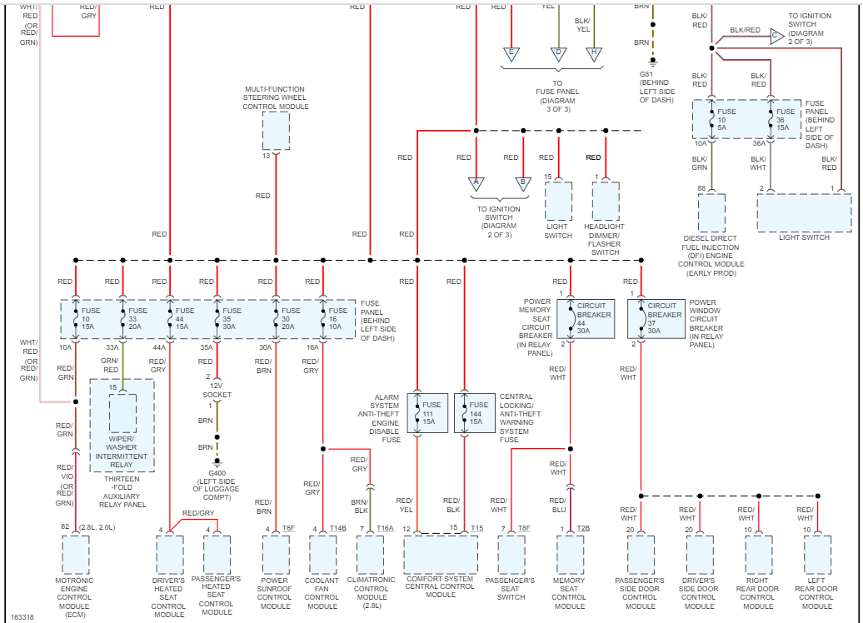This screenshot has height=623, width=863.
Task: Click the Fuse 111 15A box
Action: [x=428, y=412]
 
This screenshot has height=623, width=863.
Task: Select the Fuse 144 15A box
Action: [x=475, y=412]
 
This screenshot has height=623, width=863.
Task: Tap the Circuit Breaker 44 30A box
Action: [x=591, y=317]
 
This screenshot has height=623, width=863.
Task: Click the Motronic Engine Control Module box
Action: [x=75, y=555]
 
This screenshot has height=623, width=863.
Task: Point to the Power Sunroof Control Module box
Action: [x=276, y=555]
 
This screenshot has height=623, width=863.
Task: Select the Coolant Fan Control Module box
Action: [x=322, y=555]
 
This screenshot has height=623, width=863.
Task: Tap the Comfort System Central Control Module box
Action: [x=441, y=555]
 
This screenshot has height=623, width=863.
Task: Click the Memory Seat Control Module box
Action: [x=570, y=555]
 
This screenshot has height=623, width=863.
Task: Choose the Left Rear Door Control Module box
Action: [x=817, y=555]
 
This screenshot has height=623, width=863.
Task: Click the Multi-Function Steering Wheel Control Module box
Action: [x=276, y=130]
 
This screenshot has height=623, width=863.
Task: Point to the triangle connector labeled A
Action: [x=476, y=183]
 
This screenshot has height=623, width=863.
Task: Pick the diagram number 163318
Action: [x=22, y=617]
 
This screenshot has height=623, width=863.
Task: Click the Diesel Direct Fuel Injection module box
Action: [x=711, y=213]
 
